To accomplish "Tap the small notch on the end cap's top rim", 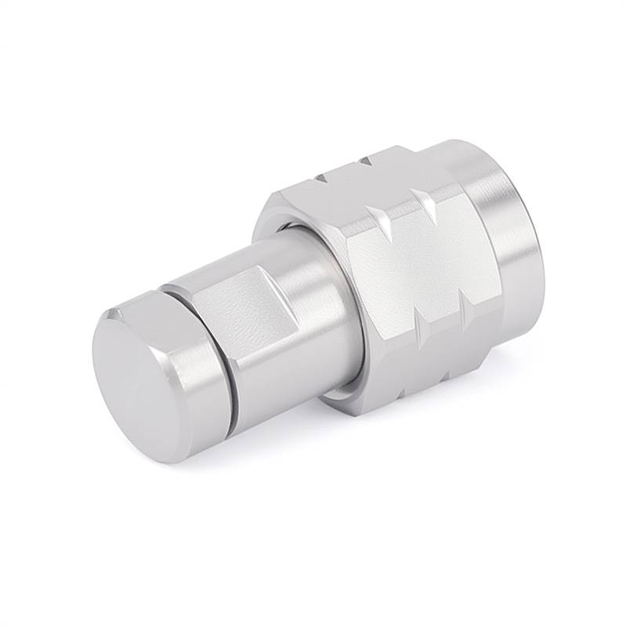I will point(117,314).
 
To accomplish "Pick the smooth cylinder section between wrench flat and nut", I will point(313,313).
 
